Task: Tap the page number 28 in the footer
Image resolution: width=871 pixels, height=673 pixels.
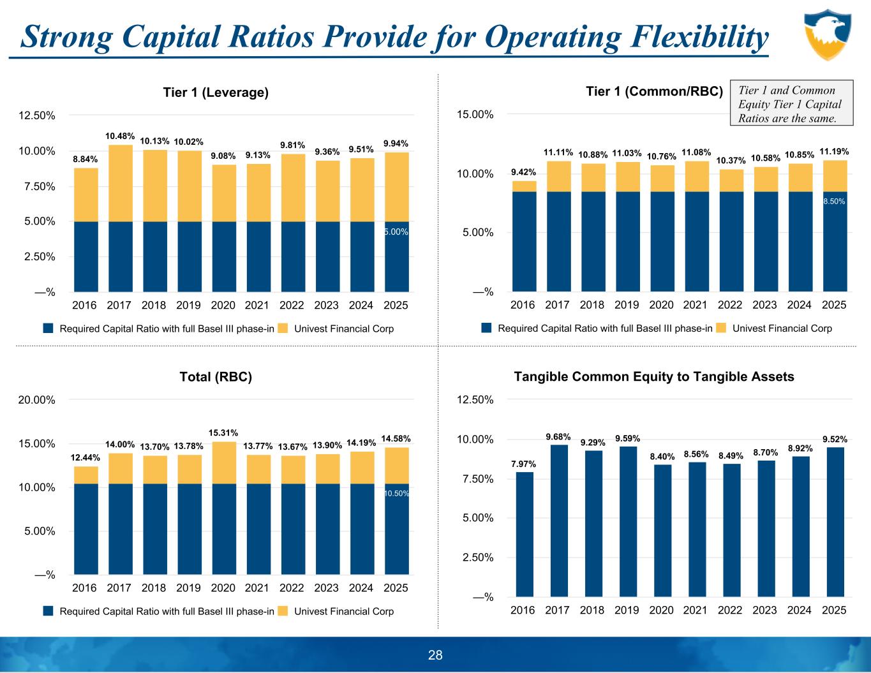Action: [x=435, y=655]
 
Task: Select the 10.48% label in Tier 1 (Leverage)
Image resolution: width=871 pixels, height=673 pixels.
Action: [x=120, y=136]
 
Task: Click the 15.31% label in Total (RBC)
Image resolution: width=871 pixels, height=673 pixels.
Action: [x=223, y=433]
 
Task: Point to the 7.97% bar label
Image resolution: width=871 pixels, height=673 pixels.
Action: [x=523, y=464]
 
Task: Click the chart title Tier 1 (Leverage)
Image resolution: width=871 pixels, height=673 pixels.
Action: [x=216, y=92]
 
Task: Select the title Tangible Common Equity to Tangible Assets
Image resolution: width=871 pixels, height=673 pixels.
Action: [x=653, y=376]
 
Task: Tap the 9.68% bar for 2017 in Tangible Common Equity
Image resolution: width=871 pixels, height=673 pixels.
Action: [x=558, y=520]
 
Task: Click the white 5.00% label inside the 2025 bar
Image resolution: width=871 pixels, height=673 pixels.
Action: [x=396, y=232]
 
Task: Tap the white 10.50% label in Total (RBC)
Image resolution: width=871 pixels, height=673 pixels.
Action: [x=396, y=494]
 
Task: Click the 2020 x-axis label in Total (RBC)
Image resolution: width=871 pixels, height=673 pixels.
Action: [x=223, y=588]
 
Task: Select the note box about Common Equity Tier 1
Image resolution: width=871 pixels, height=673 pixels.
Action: [x=791, y=105]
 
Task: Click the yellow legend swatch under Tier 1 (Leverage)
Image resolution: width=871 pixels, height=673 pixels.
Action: [x=283, y=329]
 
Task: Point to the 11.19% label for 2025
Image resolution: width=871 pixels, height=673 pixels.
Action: [x=833, y=152]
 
